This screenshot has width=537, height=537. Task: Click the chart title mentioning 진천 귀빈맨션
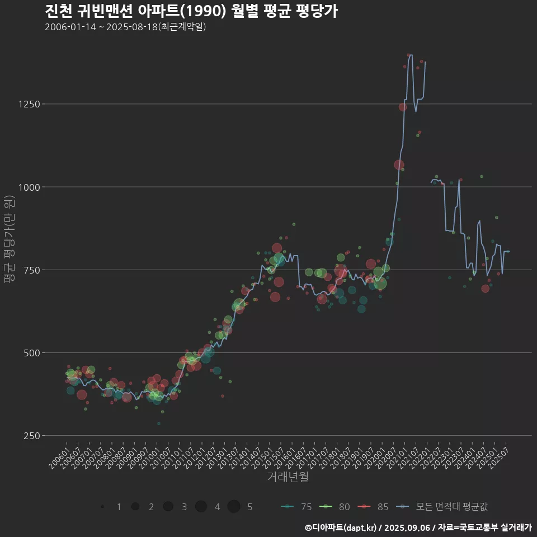click(191, 11)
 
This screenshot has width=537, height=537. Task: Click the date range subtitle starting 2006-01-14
click(125, 27)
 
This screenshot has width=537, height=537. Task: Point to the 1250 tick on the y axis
click(29, 104)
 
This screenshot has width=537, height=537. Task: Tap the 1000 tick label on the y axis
click(29, 187)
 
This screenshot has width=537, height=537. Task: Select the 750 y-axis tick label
click(31, 270)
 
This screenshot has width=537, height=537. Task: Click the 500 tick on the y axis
click(31, 352)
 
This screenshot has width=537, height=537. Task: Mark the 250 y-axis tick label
click(31, 435)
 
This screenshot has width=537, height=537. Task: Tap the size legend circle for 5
click(234, 506)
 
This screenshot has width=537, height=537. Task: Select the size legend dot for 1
click(102, 506)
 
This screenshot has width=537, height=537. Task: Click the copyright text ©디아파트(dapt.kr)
click(341, 527)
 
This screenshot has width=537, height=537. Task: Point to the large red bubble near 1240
click(403, 107)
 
